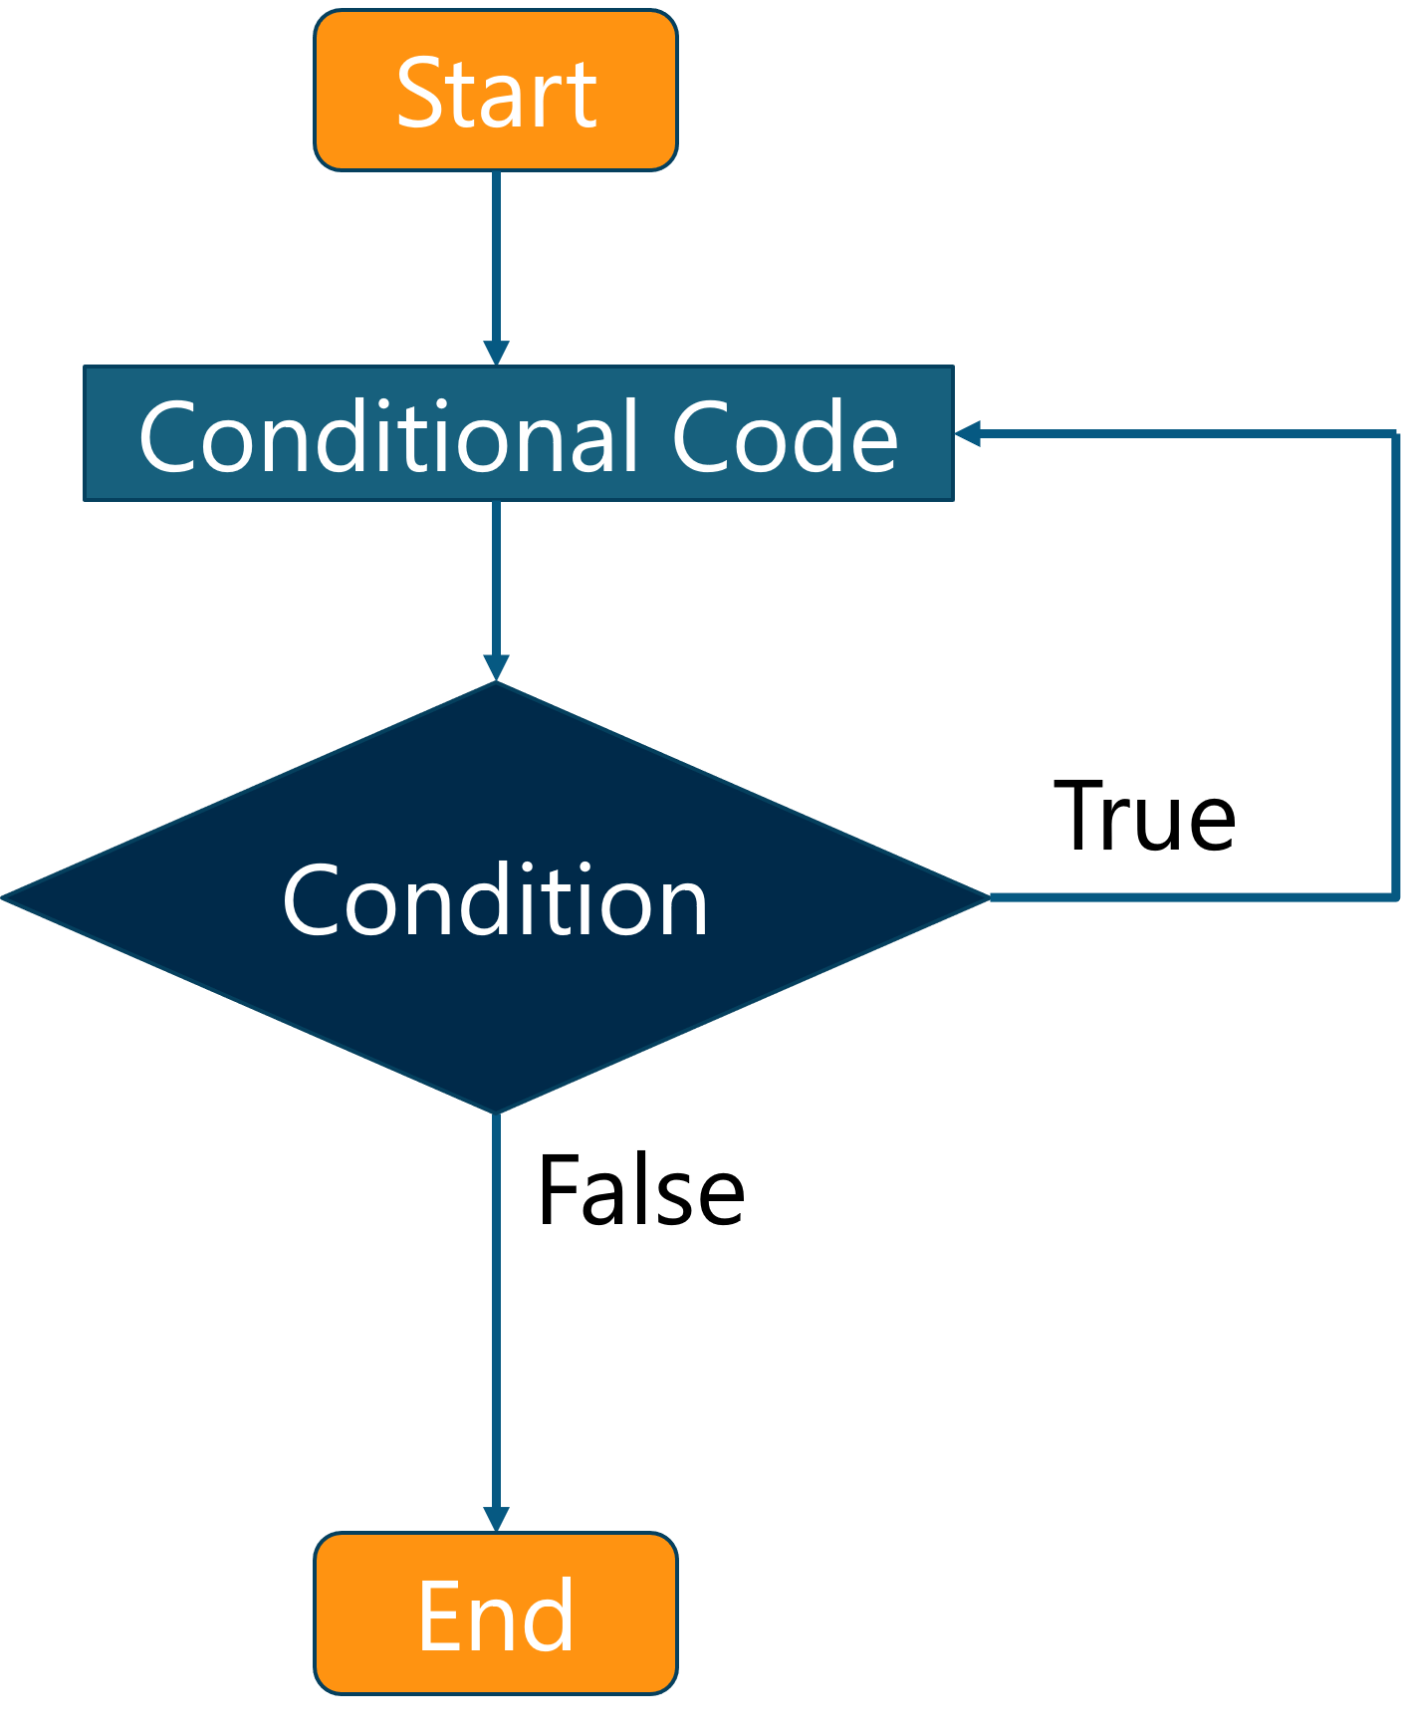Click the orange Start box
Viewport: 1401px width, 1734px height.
496,90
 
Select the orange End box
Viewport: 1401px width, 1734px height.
496,1613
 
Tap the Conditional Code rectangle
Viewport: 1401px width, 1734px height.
518,434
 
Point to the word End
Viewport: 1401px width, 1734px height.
496,1615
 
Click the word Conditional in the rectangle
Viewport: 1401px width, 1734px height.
388,436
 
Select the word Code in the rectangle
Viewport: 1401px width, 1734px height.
785,436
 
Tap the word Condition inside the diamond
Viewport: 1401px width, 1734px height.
495,900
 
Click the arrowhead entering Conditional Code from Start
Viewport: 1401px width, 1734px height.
496,354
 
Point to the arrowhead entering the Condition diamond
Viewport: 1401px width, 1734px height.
496,668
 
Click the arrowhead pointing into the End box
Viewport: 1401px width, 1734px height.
496,1520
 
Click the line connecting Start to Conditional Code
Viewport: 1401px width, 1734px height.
496,259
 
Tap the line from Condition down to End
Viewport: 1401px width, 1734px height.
496,1315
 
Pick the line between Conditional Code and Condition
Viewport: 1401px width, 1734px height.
496,578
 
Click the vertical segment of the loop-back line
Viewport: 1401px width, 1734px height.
1395,667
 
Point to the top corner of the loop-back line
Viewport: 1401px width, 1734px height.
1395,434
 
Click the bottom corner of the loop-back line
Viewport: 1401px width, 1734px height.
1395,897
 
